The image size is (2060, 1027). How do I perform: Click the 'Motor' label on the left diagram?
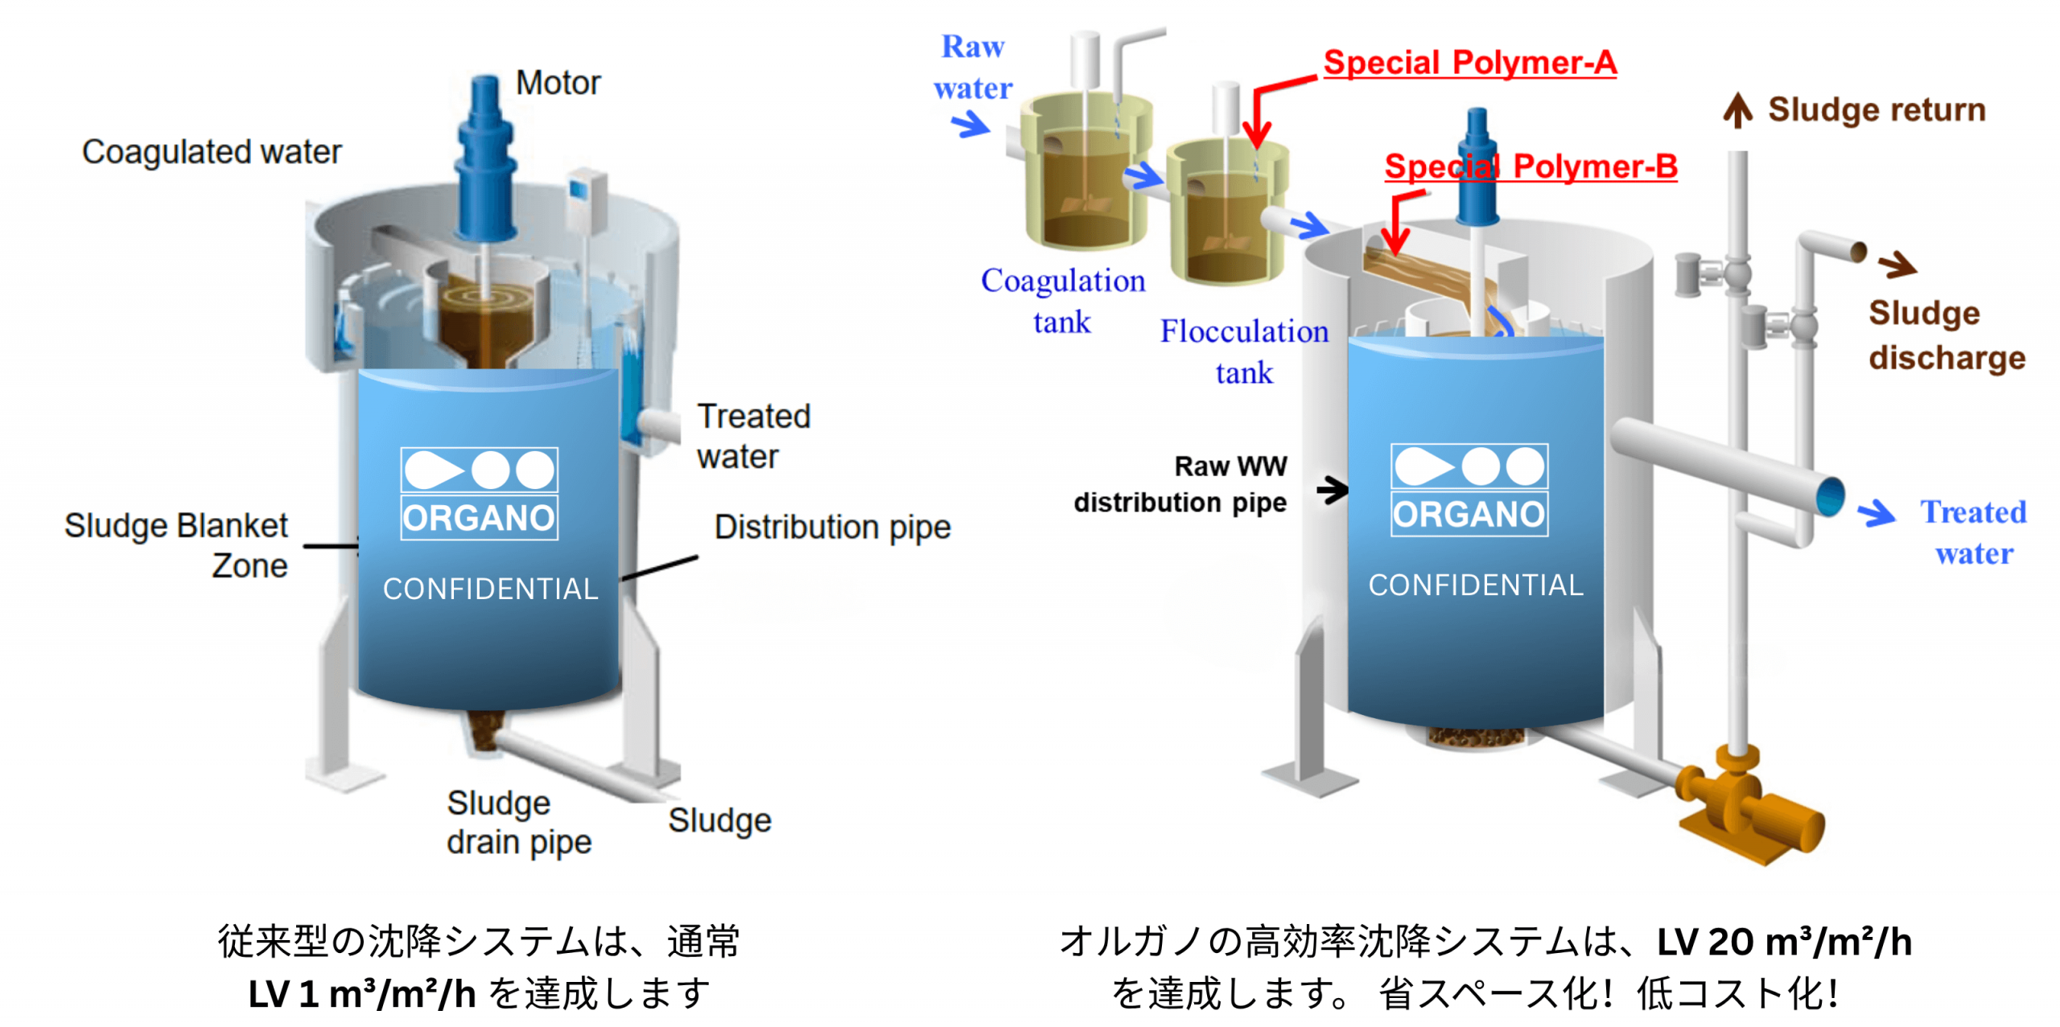[557, 83]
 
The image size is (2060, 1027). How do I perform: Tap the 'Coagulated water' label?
[212, 152]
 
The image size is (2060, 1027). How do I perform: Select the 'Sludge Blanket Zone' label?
[176, 545]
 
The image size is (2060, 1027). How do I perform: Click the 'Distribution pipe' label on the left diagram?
[832, 528]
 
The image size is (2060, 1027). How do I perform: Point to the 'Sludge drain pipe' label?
[519, 822]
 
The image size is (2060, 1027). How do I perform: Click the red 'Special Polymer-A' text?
[1469, 63]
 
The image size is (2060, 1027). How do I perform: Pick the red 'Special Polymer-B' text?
[1531, 166]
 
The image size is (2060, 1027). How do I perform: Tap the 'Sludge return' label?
[1877, 109]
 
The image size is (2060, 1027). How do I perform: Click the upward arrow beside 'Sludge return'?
[1737, 111]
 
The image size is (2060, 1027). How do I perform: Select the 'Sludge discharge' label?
[1946, 335]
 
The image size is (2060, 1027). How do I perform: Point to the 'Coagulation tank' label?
[1062, 301]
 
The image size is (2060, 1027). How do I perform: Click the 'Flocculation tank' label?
[1244, 351]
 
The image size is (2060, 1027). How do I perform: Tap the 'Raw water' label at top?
[973, 67]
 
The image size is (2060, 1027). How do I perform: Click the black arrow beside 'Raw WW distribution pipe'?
[1332, 489]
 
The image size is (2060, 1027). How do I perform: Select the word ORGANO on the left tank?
[479, 518]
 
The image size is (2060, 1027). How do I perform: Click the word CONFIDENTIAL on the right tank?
[1475, 585]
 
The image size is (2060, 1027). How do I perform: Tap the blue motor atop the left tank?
[485, 161]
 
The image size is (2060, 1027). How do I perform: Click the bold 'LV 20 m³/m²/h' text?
[1783, 942]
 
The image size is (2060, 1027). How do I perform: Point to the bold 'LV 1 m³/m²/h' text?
[361, 994]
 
